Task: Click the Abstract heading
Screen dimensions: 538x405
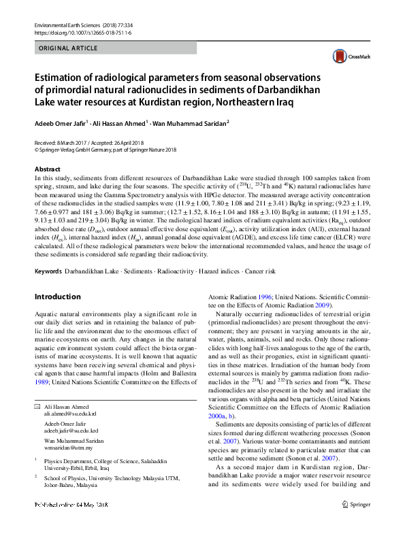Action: [x=47, y=169]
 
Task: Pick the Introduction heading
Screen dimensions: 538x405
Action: [x=57, y=297]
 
